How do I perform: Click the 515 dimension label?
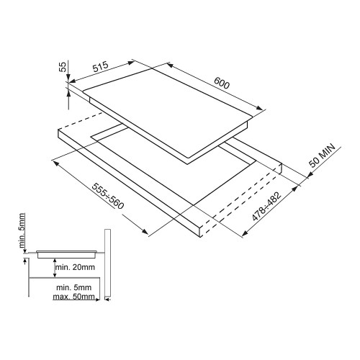pyautogui.click(x=101, y=67)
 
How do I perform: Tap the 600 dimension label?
pyautogui.click(x=222, y=83)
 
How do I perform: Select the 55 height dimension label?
pyautogui.click(x=63, y=67)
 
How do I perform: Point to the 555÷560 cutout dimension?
pyautogui.click(x=109, y=196)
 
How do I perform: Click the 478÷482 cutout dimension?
pyautogui.click(x=266, y=207)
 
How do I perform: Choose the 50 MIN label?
pyautogui.click(x=322, y=156)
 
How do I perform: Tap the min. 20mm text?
pyautogui.click(x=75, y=267)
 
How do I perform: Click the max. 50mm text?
pyautogui.click(x=73, y=297)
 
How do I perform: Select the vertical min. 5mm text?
pyautogui.click(x=22, y=230)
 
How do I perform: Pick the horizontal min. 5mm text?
pyautogui.click(x=73, y=287)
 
